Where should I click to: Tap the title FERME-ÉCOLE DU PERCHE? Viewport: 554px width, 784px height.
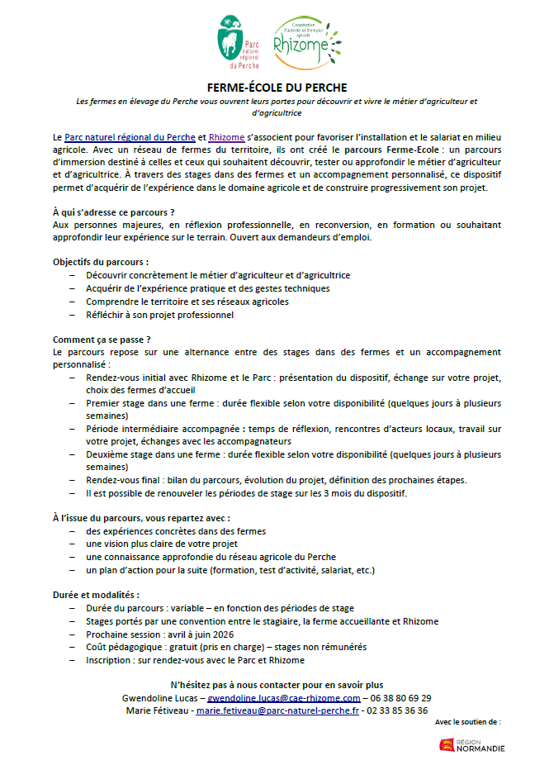pyautogui.click(x=277, y=87)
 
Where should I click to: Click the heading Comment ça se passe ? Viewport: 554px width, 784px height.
pyautogui.click(x=102, y=340)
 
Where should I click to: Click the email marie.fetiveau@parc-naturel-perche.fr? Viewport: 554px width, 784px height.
pyautogui.click(x=277, y=710)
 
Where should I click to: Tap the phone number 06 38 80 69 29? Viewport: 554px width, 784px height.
pyautogui.click(x=398, y=698)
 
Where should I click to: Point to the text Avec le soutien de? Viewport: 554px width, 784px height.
pyautogui.click(x=467, y=722)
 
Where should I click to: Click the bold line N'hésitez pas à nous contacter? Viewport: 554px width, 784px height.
pyautogui.click(x=277, y=685)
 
